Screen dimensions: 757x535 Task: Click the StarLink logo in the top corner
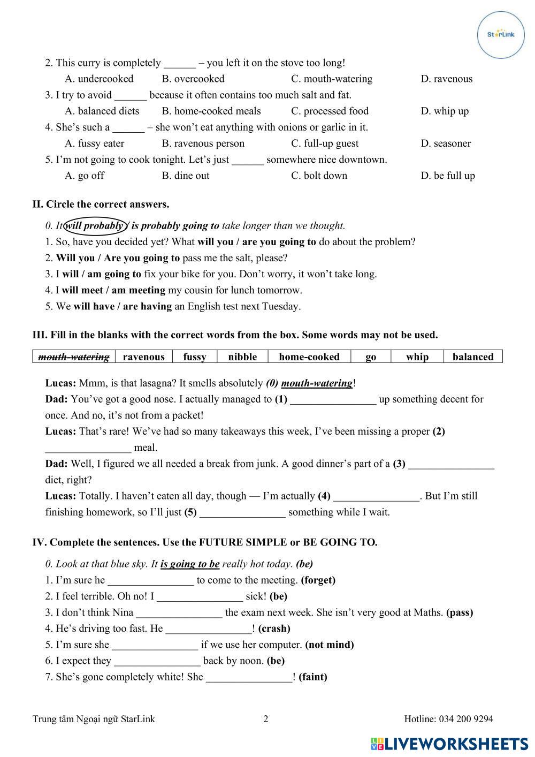[x=501, y=34]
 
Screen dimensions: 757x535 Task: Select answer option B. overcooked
[x=193, y=79]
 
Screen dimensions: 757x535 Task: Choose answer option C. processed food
[x=330, y=111]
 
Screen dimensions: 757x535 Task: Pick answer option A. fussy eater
[x=94, y=143]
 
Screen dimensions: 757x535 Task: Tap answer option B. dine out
[x=185, y=176]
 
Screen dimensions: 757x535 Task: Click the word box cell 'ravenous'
[x=143, y=357]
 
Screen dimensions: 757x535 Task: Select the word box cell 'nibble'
[x=242, y=357]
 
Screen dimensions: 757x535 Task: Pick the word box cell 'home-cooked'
[x=309, y=357]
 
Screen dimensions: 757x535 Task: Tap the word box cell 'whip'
[x=417, y=357]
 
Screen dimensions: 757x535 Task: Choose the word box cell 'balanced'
[x=473, y=357]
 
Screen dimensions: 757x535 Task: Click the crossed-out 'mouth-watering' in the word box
[x=74, y=357]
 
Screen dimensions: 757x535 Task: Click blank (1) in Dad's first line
[x=333, y=400]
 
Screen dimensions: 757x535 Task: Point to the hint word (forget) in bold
[x=318, y=580]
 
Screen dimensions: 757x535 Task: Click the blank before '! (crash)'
[x=208, y=629]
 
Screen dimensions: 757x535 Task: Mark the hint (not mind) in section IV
[x=330, y=645]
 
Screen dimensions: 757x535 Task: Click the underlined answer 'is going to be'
[x=190, y=564]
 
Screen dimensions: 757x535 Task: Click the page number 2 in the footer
[x=266, y=719]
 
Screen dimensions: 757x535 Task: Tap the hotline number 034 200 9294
[x=465, y=719]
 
